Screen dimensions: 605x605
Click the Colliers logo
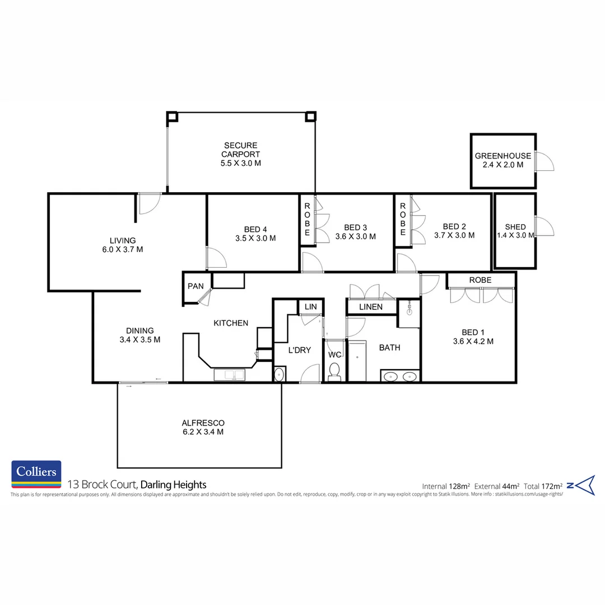[x=36, y=474]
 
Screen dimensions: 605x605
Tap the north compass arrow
[x=585, y=485]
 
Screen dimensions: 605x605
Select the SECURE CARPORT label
[x=240, y=155]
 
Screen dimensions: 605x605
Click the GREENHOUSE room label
[x=502, y=156]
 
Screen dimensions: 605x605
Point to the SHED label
[x=515, y=227]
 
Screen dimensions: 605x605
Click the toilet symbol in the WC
[x=334, y=371]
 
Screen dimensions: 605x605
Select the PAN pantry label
[x=196, y=286]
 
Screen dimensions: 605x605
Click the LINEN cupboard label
[x=371, y=307]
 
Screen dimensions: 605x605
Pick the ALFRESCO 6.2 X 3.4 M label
[x=202, y=427]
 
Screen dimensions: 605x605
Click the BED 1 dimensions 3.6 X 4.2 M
[x=473, y=341]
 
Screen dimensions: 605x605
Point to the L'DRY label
[x=299, y=350]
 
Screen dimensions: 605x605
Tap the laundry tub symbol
[x=280, y=374]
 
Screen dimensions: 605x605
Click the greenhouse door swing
[x=544, y=161]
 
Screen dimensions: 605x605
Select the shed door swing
[x=544, y=226]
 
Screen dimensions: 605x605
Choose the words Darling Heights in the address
[x=173, y=485]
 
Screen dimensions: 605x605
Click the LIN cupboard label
[x=311, y=306]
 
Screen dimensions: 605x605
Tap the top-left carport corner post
[x=172, y=117]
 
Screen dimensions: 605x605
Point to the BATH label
[x=389, y=347]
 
